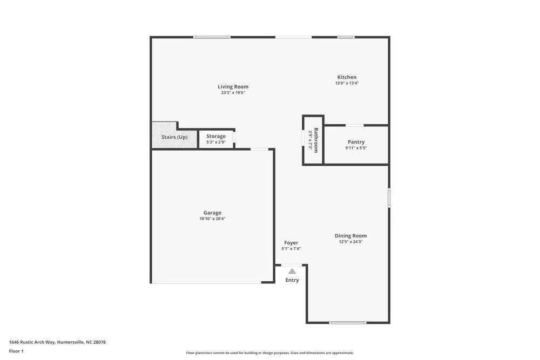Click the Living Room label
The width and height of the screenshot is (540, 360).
coord(233,87)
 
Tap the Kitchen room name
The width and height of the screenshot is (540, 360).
coord(347,77)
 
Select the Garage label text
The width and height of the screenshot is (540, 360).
coord(212,213)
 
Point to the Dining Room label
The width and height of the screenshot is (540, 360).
coord(350,236)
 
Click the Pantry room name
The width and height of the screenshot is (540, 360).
coord(356,142)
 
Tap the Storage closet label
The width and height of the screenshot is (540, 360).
coord(216,137)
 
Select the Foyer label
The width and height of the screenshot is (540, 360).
coord(291,243)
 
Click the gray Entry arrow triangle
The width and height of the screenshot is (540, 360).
coord(292,271)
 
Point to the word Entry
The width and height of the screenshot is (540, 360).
coord(292,280)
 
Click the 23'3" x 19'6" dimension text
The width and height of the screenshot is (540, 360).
coord(233,93)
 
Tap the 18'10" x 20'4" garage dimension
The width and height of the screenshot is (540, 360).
coord(212,219)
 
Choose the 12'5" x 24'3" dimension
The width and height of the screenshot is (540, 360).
coord(350,242)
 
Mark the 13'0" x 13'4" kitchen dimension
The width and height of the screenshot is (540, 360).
coord(347,83)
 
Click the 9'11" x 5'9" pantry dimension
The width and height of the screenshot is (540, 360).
coord(356,148)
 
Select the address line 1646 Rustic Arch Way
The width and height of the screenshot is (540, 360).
coord(57,342)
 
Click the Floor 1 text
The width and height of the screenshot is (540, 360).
coord(16,351)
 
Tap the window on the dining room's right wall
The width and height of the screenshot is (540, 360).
coord(389,197)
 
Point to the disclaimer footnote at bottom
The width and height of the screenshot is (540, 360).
coord(270,353)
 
